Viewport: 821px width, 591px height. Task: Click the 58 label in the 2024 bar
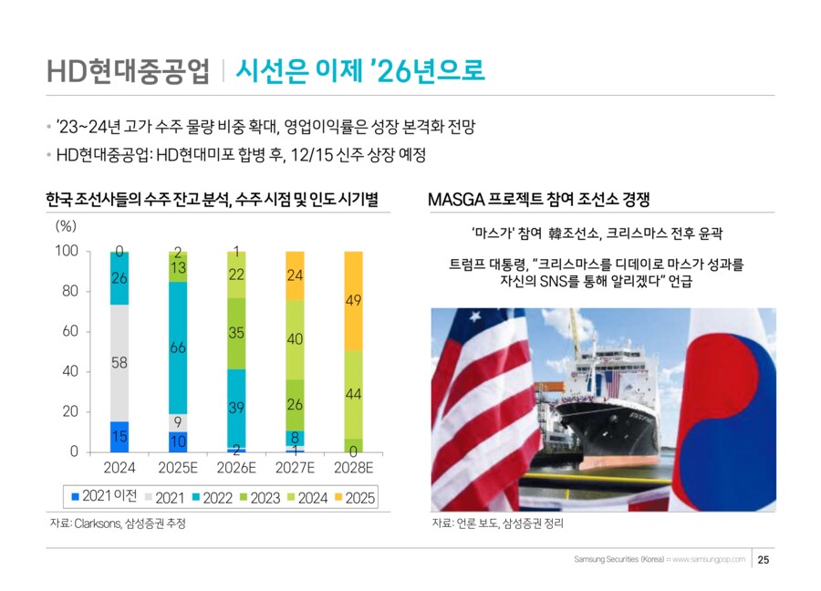pyautogui.click(x=119, y=363)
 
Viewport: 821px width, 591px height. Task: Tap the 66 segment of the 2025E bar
pyautogui.click(x=178, y=347)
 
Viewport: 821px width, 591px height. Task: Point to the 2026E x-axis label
pyautogui.click(x=236, y=468)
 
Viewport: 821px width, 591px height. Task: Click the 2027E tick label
pyautogui.click(x=295, y=468)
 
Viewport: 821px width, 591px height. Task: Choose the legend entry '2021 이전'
pyautogui.click(x=105, y=497)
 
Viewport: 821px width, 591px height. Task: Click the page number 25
pyautogui.click(x=764, y=559)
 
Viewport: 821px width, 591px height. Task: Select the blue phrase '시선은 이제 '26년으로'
pyautogui.click(x=359, y=70)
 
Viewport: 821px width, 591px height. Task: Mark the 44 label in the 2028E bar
pyautogui.click(x=354, y=393)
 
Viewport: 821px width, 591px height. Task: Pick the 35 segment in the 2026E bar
pyautogui.click(x=236, y=333)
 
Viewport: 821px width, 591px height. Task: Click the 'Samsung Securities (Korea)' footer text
pyautogui.click(x=619, y=559)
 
